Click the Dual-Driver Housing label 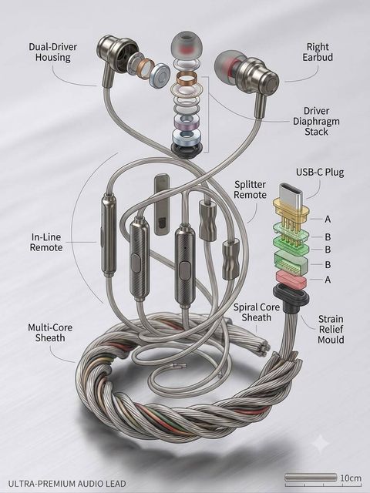coord(53,52)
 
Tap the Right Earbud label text coord(318,52)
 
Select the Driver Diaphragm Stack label coord(316,122)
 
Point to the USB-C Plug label coord(320,173)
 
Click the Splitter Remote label coord(250,189)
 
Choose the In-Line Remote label coord(46,242)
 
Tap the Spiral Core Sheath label coord(257,312)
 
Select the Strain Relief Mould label coord(331,329)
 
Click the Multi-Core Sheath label coord(50,333)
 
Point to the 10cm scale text coord(351,478)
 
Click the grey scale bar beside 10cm coord(311,478)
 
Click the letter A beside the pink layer coord(328,280)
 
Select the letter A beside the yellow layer coord(328,219)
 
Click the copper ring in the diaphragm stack coord(187,79)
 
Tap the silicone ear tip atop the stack coord(187,45)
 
